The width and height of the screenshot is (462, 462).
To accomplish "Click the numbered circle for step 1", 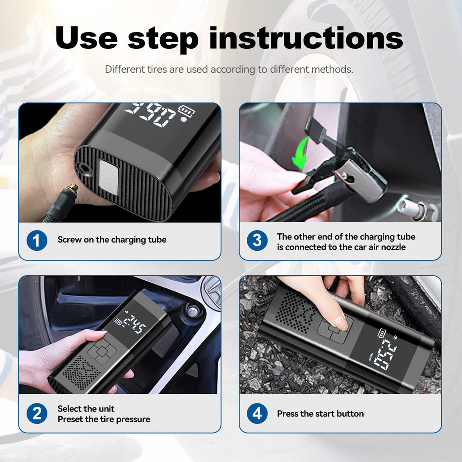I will click(x=37, y=240).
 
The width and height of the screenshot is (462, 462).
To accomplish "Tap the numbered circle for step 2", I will click(x=37, y=414).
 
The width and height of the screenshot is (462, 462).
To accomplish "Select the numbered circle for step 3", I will click(x=257, y=240).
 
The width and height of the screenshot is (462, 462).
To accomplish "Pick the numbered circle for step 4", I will click(x=257, y=414).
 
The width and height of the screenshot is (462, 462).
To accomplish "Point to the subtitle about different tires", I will click(x=229, y=69).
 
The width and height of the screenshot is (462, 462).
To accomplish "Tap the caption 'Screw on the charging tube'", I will click(x=111, y=240).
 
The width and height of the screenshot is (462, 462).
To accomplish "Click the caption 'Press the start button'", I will click(x=320, y=414).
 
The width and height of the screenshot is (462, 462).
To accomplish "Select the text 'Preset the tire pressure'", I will click(x=103, y=419).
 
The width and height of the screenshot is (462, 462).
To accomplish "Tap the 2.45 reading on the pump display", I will click(x=135, y=324).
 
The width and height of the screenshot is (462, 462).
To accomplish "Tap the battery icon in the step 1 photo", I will click(x=185, y=111).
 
